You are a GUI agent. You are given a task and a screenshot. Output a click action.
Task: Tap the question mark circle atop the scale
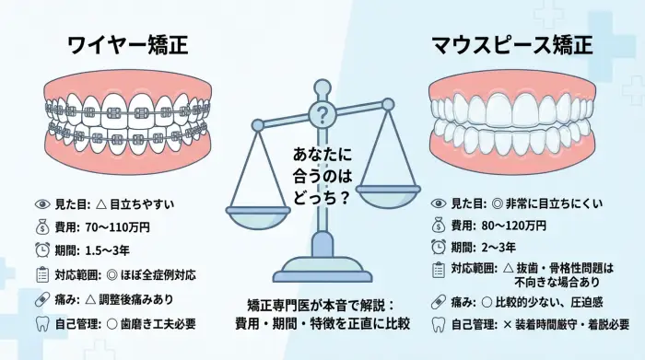coord(322,115)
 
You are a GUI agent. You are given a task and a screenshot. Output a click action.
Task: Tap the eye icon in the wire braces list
coord(42,202)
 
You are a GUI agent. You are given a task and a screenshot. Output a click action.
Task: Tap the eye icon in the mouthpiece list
coord(439,202)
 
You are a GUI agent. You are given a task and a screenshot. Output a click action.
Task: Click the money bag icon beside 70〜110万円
coord(42,226)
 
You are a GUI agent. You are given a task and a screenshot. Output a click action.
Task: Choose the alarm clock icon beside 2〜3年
coord(439,250)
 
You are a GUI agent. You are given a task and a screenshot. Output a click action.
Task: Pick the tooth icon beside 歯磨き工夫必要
coord(42,323)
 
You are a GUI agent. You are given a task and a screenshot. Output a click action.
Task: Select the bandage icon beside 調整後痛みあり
coord(42,299)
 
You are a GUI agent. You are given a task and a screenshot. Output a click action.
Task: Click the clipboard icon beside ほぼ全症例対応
coord(42,274)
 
